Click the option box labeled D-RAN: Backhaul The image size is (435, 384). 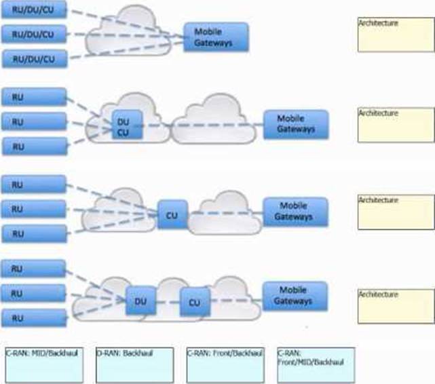point(132,366)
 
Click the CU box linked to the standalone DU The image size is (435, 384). point(195,301)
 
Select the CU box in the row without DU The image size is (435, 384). point(172,214)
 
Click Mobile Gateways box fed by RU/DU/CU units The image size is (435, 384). point(216,37)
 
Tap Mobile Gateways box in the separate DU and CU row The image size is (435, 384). point(295,296)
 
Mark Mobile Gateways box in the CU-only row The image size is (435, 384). point(295,212)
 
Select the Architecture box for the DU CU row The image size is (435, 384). point(394,124)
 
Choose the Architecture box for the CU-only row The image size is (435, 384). point(394,212)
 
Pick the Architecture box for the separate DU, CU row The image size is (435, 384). point(394,303)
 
